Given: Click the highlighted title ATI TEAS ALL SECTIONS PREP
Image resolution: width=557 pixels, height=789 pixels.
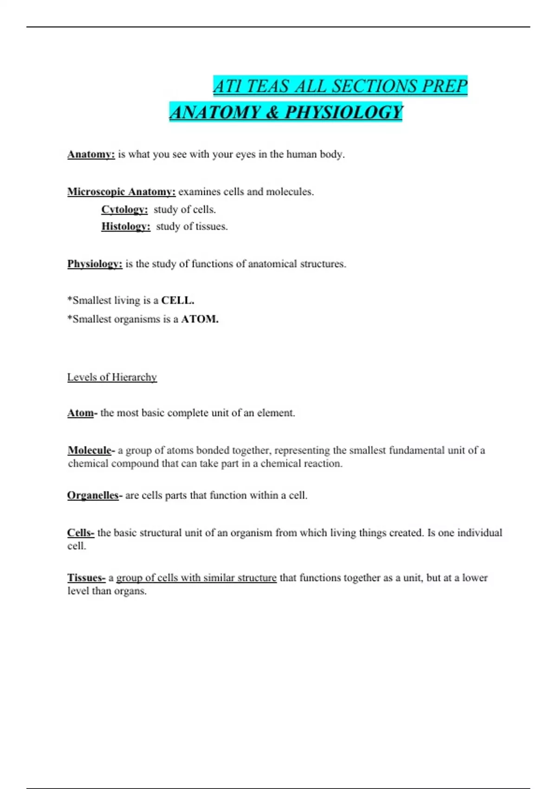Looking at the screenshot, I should [340, 86].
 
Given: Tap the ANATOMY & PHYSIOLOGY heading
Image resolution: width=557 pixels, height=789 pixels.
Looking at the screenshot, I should [286, 112].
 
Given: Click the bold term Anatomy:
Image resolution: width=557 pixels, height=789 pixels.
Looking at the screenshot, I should [91, 154].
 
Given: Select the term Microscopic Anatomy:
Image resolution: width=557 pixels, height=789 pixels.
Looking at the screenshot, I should [121, 192].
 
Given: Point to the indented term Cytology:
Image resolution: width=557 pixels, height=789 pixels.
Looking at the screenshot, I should [124, 209].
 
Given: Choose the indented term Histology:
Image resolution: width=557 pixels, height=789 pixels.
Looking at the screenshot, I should [126, 226].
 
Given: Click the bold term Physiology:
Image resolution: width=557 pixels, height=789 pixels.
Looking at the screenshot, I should [95, 264].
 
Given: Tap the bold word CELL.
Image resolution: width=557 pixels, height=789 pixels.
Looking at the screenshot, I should [177, 300].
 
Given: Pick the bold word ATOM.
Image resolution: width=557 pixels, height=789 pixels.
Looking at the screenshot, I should [200, 319].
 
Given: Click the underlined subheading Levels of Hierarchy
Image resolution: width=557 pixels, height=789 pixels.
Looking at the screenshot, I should [112, 377].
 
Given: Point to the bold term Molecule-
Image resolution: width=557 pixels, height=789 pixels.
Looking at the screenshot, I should [91, 450].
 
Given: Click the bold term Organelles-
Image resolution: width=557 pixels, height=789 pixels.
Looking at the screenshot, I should [95, 495].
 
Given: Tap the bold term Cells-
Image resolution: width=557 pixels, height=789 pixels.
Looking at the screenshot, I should [81, 532].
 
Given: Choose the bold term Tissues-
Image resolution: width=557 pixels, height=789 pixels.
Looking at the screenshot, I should [86, 578].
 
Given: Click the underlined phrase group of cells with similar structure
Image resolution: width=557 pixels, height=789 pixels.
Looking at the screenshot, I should [196, 578].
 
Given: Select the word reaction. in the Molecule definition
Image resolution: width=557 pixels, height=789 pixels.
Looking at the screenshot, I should [322, 463].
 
